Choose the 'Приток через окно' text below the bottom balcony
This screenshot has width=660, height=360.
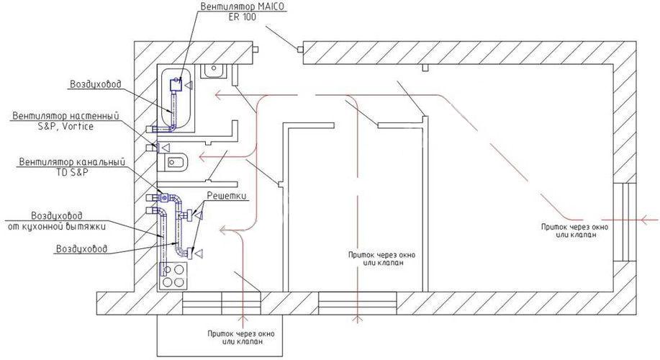coord(241,338)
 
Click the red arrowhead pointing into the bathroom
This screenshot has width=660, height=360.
coord(217,94)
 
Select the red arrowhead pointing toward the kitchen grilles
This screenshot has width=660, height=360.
coord(224,231)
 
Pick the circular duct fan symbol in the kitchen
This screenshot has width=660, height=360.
coord(165,198)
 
